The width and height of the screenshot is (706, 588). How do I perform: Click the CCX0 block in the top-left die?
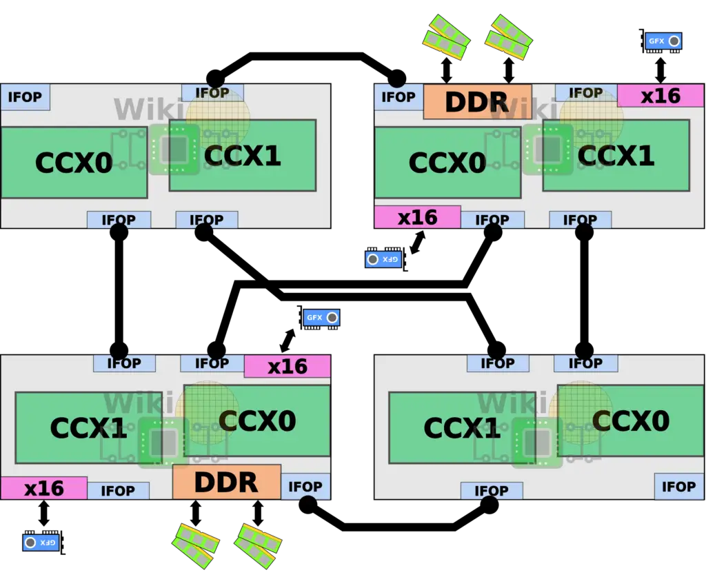[x=74, y=163]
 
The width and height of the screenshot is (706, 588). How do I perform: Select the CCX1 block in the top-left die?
[x=243, y=155]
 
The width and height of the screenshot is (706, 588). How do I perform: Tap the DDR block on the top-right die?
[x=478, y=102]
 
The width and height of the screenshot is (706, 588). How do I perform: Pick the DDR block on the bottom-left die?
[x=227, y=483]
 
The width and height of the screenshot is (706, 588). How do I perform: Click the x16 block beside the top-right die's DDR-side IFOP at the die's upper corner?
[x=660, y=95]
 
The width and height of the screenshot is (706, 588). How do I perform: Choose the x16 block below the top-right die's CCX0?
[x=417, y=217]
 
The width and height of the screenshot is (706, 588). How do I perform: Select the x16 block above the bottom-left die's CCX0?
[x=288, y=366]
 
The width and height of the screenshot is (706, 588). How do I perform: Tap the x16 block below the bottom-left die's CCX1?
[x=43, y=488]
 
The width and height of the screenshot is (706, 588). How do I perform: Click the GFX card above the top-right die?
[x=661, y=41]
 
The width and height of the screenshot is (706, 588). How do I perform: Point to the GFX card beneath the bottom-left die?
[x=43, y=542]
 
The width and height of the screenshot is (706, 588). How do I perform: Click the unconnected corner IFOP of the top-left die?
[x=26, y=97]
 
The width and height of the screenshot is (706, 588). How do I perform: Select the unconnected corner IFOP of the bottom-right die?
[x=679, y=486]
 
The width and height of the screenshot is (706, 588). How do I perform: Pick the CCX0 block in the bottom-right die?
[x=631, y=421]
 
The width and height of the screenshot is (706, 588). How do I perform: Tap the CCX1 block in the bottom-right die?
[x=463, y=427]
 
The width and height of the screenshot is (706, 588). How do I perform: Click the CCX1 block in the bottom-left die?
[x=89, y=427]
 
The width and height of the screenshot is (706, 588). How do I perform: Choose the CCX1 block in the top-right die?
[x=616, y=155]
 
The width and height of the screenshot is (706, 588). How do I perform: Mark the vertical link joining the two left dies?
[x=119, y=292]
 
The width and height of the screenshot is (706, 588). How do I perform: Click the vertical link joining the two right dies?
[x=584, y=292]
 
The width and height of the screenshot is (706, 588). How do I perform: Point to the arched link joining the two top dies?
[x=306, y=57]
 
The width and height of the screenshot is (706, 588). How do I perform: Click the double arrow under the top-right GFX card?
[x=660, y=70]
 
